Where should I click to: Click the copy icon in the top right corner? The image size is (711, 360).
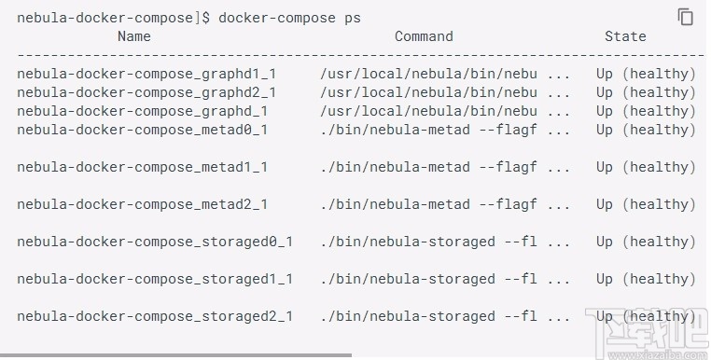(686, 17)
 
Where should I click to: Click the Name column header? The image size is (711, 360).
(133, 36)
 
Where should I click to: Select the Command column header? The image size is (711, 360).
(424, 36)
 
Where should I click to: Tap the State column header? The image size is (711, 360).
(625, 36)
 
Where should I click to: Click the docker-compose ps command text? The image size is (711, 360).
(289, 18)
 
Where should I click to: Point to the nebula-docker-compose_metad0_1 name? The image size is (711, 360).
(143, 130)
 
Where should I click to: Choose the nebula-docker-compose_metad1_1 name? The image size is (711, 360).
(143, 167)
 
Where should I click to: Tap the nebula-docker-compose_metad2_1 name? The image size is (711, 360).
(143, 204)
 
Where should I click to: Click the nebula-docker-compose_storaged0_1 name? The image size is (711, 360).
(155, 242)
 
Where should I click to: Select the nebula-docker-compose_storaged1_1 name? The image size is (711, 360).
(155, 279)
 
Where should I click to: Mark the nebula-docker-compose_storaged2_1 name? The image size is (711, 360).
(155, 316)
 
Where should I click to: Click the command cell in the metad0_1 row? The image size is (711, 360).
(444, 130)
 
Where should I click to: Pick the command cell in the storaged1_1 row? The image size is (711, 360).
(444, 279)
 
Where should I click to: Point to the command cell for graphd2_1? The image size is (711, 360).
(444, 92)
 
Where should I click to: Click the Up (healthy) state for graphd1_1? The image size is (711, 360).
(646, 74)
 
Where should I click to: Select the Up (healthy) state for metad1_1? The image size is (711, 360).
(646, 167)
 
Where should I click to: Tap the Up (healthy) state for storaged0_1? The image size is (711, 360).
(646, 242)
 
